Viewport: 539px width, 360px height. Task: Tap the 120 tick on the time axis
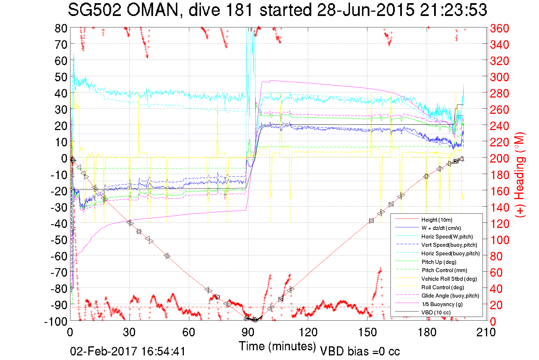[x=308, y=332]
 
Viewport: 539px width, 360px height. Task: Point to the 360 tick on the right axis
[x=499, y=28]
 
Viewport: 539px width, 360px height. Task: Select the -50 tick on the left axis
[x=59, y=240]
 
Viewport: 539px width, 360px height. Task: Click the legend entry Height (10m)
[x=437, y=220]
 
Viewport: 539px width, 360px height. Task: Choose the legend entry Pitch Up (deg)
[x=439, y=262]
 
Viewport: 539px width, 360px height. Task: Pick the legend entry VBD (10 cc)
[x=436, y=312]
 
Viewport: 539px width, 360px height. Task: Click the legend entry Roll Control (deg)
[x=442, y=287]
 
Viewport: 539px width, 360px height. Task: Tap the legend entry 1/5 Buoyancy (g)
[x=442, y=304]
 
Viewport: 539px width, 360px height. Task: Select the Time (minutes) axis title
[x=277, y=346]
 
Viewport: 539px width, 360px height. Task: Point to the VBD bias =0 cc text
[x=360, y=351]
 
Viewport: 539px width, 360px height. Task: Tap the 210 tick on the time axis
[x=486, y=332]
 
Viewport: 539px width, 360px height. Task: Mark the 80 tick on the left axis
[x=61, y=28]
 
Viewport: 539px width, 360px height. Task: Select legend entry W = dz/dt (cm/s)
[x=441, y=228]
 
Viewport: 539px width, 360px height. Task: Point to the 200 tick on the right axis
[x=499, y=158]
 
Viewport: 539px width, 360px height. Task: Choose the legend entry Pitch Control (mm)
[x=444, y=270]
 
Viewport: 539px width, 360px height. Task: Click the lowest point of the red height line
[x=255, y=320]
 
